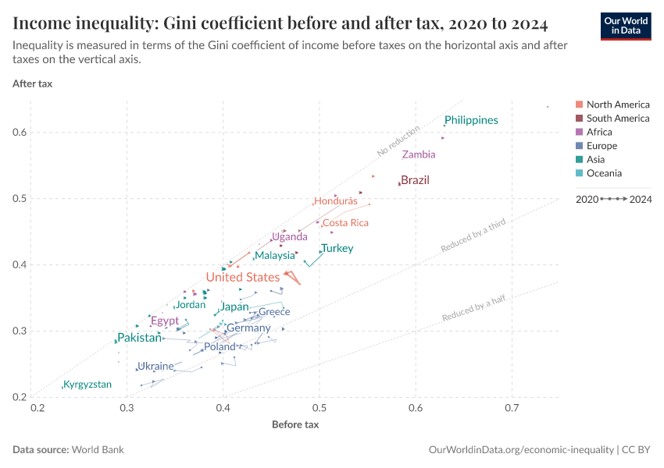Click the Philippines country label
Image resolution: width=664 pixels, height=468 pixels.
pos(471,120)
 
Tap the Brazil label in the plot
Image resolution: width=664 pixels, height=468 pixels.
pos(415,180)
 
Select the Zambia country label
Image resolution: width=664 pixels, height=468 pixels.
pos(419,154)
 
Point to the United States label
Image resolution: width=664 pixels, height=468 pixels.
pos(242,278)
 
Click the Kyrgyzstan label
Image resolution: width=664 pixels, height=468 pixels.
pos(87,385)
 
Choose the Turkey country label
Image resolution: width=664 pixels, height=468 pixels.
pos(337,249)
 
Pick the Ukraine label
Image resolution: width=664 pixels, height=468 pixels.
pos(155,366)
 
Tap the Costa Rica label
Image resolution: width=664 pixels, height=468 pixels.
pos(345,223)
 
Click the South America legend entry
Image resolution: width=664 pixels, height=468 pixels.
pos(617,119)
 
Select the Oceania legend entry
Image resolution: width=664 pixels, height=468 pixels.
pos(604,173)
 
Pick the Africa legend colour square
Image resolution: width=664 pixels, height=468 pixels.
pos(579,133)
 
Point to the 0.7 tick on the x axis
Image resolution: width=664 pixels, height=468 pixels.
pos(512,408)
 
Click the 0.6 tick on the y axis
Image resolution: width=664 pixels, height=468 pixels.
pos(20,133)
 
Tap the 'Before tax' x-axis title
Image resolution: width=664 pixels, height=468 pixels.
pos(295,425)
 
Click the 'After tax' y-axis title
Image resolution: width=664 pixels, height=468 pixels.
pos(33,83)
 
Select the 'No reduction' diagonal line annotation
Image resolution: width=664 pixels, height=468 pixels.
pos(398,140)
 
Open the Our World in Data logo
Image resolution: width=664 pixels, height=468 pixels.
pos(626,26)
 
